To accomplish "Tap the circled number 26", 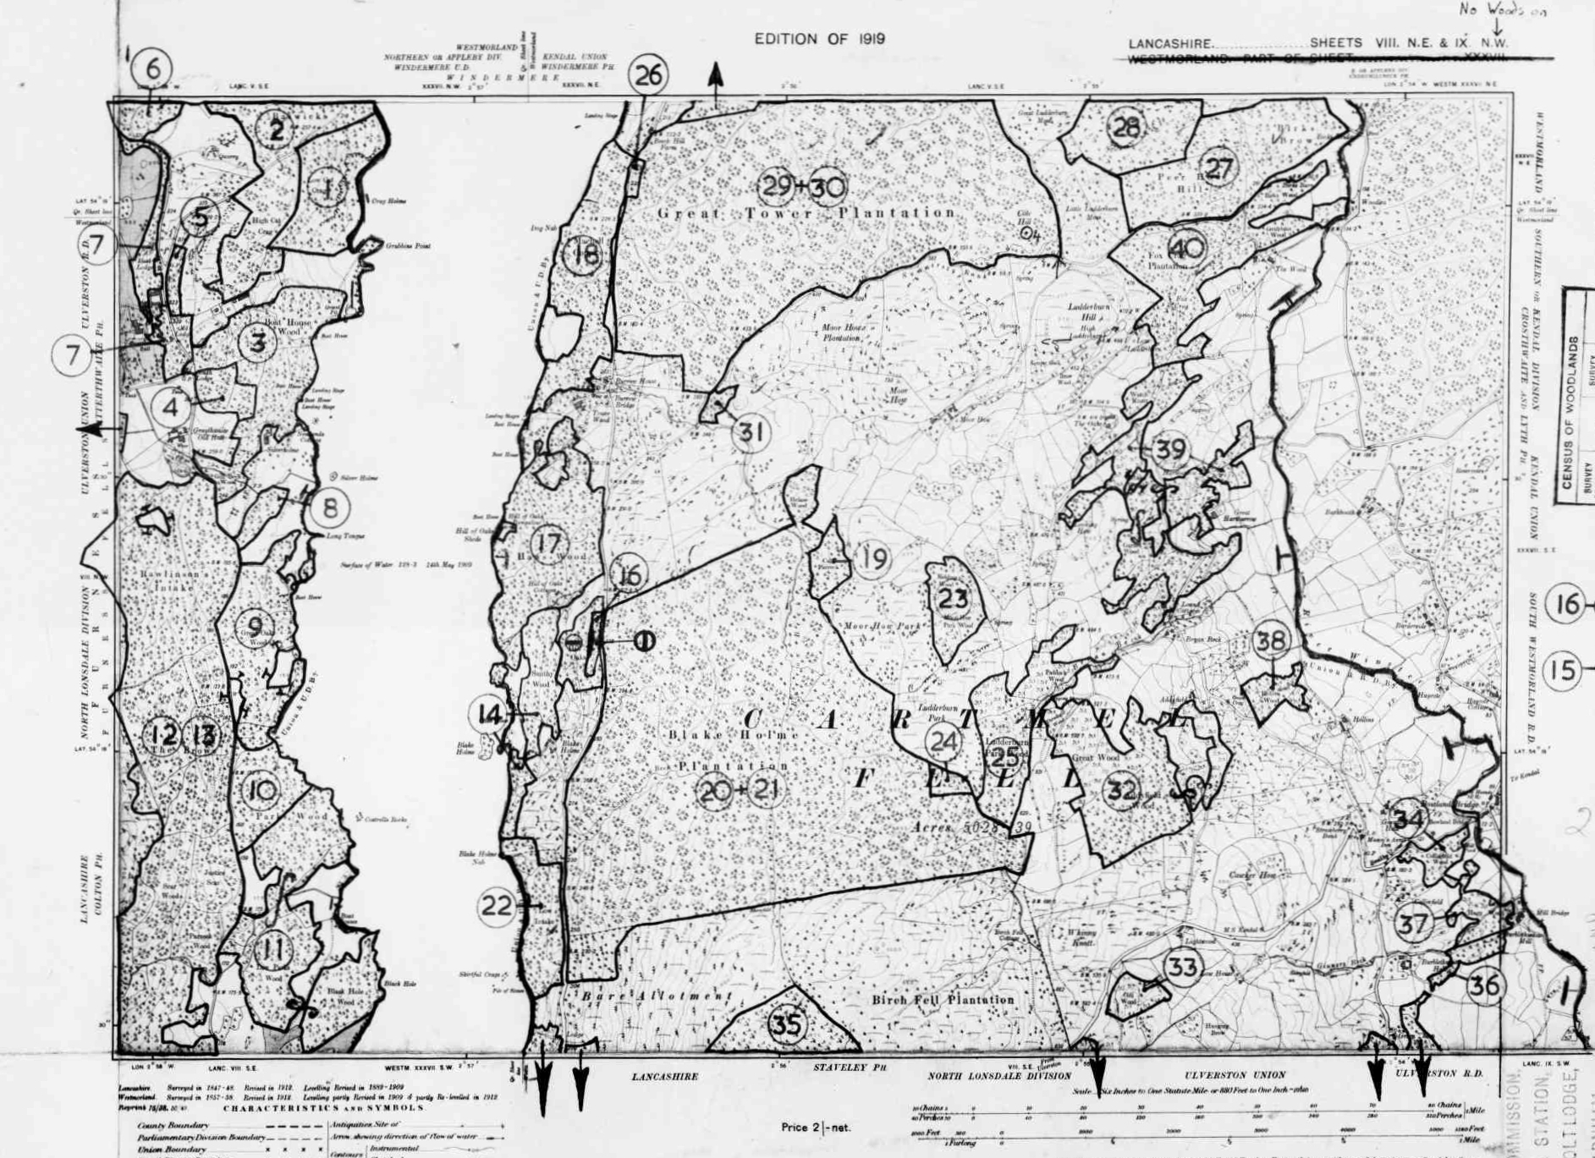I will [x=648, y=75].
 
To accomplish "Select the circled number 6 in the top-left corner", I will [x=153, y=68].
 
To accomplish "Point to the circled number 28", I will [x=1125, y=128].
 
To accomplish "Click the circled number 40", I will [x=1186, y=249].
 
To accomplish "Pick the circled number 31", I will [x=751, y=433].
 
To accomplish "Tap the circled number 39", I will [x=1170, y=449].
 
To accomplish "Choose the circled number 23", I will [x=953, y=599].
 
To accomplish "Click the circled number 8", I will [x=329, y=508].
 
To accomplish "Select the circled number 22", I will [x=497, y=907].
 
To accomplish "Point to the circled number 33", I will [x=1182, y=966].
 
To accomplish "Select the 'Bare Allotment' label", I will [x=656, y=996].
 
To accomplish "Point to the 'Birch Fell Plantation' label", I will [x=943, y=1000].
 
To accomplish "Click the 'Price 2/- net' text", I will [x=816, y=1128].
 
